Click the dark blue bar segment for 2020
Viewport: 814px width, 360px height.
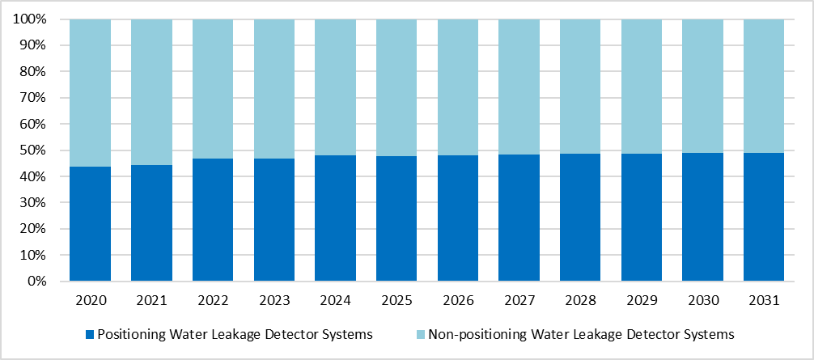(91, 224)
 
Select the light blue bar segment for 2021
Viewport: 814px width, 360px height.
(151, 91)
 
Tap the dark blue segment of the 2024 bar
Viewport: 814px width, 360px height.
(335, 218)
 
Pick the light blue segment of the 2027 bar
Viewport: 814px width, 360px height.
(519, 87)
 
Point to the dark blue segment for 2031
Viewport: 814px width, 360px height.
(764, 218)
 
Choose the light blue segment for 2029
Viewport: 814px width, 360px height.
(641, 86)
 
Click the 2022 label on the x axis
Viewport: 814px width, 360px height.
(213, 300)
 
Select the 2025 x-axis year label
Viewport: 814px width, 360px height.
(396, 300)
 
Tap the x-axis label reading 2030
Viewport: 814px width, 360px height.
(702, 300)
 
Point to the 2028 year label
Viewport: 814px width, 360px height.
(580, 300)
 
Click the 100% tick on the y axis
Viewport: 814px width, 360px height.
(33, 19)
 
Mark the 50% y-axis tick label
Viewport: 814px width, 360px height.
(36, 151)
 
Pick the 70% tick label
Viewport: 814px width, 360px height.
(36, 98)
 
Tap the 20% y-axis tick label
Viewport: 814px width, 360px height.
(36, 229)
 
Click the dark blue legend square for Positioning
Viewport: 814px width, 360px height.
(91, 335)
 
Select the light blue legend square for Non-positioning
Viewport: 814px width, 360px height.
(420, 335)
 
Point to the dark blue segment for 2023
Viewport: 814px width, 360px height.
(274, 221)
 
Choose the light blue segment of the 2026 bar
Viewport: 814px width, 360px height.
(458, 87)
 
